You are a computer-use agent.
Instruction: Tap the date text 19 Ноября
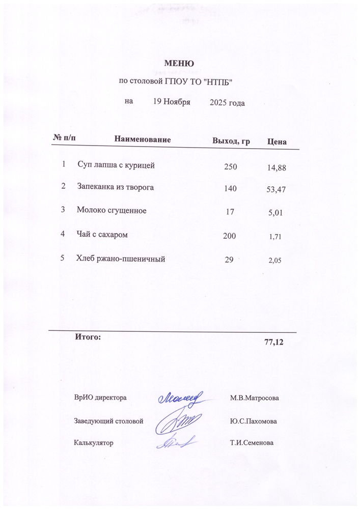172,102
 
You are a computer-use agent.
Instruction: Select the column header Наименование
143,139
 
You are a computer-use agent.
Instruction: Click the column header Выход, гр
231,140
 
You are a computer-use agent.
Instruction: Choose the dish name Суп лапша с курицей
116,165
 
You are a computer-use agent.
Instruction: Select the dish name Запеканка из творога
116,187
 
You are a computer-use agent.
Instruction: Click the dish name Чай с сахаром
102,235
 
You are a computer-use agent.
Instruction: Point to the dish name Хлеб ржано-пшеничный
121,259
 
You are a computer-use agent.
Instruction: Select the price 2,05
274,261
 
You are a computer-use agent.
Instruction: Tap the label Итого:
88,336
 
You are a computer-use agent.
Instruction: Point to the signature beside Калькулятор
176,442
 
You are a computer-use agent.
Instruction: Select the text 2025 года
227,103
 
